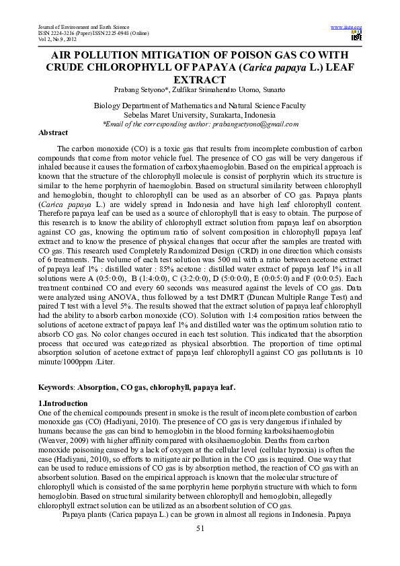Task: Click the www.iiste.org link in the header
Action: point(347,26)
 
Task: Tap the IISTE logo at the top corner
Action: point(356,35)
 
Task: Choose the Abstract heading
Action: point(53,133)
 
